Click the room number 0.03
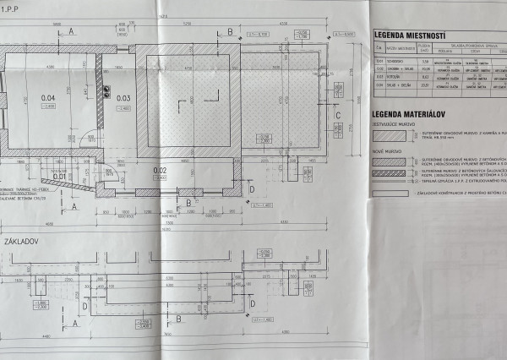(x=123, y=98)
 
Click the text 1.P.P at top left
(x=13, y=5)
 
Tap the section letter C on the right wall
(x=337, y=116)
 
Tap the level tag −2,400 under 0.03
(x=124, y=109)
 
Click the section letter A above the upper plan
(x=72, y=30)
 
